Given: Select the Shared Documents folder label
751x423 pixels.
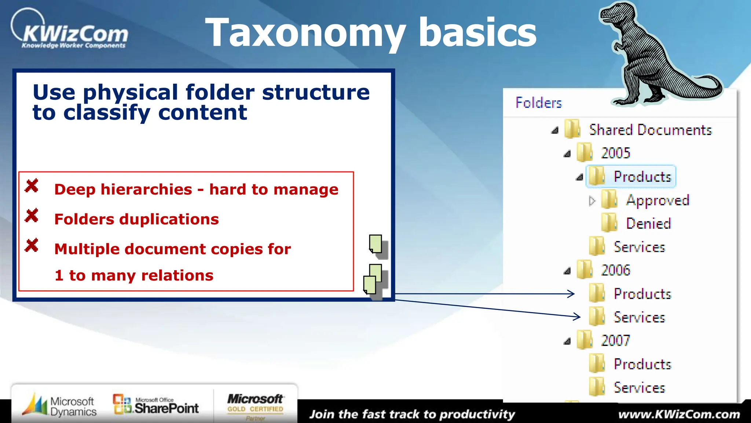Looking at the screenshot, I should click(x=650, y=130).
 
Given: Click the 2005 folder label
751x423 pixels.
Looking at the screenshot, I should click(x=615, y=153).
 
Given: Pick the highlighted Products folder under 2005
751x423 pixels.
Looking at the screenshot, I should click(x=642, y=177).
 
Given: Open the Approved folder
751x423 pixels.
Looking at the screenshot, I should click(x=657, y=200).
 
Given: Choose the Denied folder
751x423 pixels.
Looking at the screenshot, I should click(x=648, y=224).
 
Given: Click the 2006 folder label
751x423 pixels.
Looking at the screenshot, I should click(x=615, y=270).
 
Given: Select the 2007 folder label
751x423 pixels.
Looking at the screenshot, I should click(x=615, y=340).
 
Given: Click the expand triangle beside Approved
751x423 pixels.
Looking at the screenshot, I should click(x=591, y=201).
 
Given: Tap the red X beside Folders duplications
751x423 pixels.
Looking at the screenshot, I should click(x=32, y=216).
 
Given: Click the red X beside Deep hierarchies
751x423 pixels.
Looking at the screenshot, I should click(x=32, y=186).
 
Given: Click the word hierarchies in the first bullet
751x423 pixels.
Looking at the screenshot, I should click(x=146, y=189).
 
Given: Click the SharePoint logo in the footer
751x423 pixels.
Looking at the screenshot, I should click(x=156, y=405).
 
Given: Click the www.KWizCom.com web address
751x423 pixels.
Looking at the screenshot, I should click(x=679, y=415).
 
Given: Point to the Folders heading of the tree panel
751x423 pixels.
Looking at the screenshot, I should click(x=538, y=103).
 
